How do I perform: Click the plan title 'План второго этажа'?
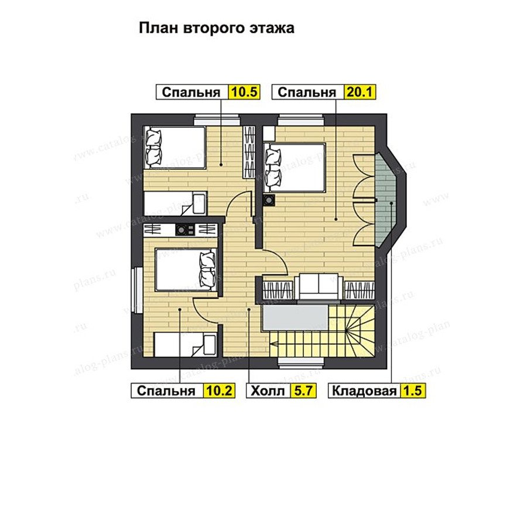tap(217, 28)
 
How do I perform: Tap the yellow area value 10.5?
tap(244, 92)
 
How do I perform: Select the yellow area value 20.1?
tap(360, 92)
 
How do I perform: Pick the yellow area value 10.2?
tap(219, 391)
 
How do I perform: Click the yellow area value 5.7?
tap(303, 391)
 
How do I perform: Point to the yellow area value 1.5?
tap(412, 391)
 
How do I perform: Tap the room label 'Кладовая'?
tap(364, 391)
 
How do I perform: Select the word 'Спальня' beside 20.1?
tap(306, 92)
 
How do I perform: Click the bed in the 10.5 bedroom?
tap(174, 148)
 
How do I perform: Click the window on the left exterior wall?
tap(137, 290)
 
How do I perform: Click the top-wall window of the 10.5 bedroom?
tap(217, 119)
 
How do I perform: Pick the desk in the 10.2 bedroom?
tap(186, 344)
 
